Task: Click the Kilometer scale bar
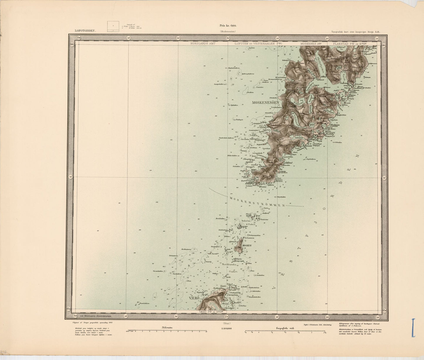click(166, 331)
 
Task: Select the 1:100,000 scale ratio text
click(227, 329)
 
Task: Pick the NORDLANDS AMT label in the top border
click(203, 43)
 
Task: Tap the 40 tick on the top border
click(129, 38)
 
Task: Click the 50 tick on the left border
click(70, 177)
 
